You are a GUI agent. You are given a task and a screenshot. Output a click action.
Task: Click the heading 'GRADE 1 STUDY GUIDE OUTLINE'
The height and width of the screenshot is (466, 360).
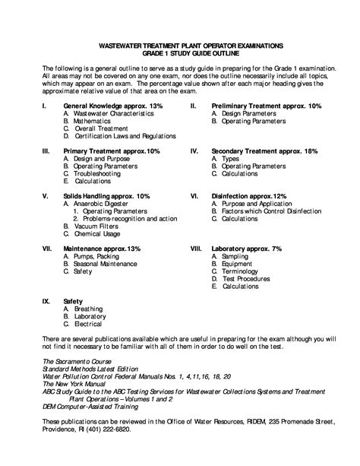(180, 53)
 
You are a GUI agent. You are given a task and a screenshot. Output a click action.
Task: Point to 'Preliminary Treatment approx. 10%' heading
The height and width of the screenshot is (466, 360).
(267, 106)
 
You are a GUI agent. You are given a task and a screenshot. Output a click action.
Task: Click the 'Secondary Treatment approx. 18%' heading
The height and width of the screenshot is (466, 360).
(264, 151)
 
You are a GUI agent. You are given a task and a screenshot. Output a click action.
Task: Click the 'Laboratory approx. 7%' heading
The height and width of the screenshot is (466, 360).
(247, 249)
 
